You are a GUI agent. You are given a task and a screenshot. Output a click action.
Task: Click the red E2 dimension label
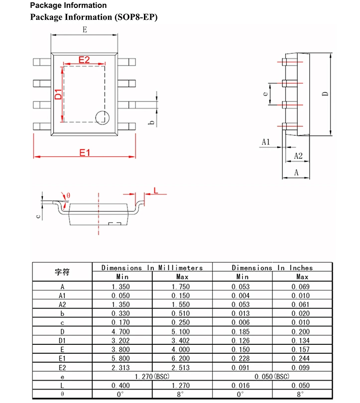tap(84, 60)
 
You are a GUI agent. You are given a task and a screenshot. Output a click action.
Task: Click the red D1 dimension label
tap(58, 94)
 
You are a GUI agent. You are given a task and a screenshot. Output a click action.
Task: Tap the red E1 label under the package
tap(85, 153)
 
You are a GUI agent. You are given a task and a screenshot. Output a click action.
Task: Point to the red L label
tap(156, 191)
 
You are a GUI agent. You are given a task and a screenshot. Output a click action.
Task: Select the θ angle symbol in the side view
tap(68, 196)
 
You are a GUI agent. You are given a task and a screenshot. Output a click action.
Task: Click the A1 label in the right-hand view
tap(266, 142)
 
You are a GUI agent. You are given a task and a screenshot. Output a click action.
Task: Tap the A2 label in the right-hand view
tap(298, 156)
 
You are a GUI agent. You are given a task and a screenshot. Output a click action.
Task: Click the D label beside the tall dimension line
tap(325, 94)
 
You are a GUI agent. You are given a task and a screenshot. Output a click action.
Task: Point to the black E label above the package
tap(85, 29)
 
